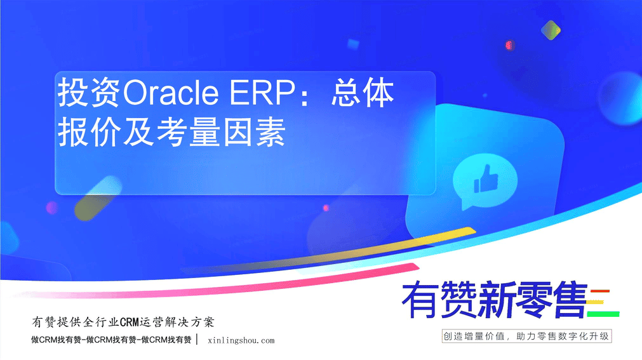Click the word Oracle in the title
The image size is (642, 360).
pos(170,93)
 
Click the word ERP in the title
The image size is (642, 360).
pos(262,93)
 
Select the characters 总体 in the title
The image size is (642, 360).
pos(363,93)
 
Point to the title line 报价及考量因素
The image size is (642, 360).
pos(171,131)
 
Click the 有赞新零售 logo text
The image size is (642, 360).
pos(495,300)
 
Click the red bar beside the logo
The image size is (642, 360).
pos(600,291)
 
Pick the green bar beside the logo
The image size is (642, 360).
pos(603,314)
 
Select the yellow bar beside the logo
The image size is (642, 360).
pos(595,302)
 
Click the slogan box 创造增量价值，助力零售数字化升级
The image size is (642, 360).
pos(526,337)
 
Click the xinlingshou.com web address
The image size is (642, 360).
pos(241,340)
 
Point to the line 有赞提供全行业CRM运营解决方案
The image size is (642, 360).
pos(123,322)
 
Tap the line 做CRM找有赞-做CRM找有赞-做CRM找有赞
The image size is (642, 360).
pos(111,340)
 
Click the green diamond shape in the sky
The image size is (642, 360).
pos(551,30)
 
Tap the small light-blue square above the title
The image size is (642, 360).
pos(353,44)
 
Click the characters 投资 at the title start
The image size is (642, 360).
pos(90,93)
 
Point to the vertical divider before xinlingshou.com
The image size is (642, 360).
pos(197,340)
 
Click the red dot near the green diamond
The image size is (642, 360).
pos(509,45)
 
